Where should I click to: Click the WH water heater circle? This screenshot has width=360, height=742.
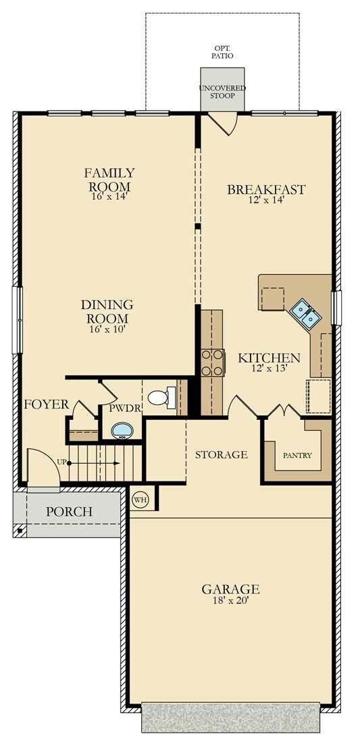point(141,500)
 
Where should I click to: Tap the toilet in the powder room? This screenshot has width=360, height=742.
point(159,397)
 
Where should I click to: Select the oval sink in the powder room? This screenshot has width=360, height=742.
point(122,430)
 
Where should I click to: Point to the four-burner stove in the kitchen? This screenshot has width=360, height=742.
point(213,362)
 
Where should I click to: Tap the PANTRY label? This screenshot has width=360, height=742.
point(297,455)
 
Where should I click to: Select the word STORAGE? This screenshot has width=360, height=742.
point(221,454)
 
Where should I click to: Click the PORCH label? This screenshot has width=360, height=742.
point(69,512)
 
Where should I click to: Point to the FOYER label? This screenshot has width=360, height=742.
point(47,404)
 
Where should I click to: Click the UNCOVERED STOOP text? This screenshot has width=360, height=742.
point(222,92)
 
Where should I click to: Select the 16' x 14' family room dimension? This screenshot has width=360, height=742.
point(109,196)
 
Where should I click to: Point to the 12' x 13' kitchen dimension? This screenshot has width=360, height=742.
point(269,369)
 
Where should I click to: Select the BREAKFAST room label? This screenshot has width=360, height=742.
point(265,190)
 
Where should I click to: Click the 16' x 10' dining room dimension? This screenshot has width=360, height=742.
point(107,329)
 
